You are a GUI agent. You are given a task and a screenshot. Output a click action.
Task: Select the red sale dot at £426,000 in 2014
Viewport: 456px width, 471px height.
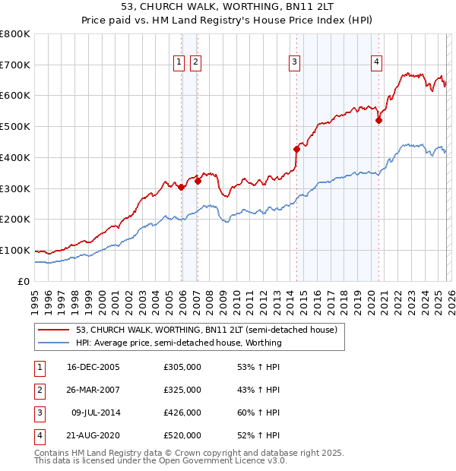296,149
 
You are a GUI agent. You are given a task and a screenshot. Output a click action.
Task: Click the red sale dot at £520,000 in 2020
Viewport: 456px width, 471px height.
378,119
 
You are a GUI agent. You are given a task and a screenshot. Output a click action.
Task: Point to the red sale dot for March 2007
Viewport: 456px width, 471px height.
198,181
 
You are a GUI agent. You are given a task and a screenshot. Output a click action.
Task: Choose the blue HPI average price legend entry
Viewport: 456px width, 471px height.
179,343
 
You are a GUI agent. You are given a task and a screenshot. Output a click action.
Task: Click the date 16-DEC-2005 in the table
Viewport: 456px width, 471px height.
93,367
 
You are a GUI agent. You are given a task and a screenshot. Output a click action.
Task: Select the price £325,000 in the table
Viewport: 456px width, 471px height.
182,390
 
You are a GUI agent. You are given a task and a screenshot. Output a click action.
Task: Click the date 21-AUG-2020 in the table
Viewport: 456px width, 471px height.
93,435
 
